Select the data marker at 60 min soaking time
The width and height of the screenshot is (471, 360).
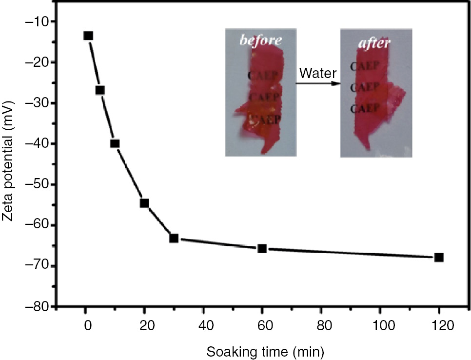262,248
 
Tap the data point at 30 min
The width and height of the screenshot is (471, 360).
174,238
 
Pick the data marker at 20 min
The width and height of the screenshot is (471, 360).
144,203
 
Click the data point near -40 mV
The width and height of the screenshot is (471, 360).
115,143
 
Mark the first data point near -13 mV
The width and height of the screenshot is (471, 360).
88,36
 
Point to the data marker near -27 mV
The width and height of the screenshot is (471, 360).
100,90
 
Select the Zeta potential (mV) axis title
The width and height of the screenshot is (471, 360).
9,164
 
